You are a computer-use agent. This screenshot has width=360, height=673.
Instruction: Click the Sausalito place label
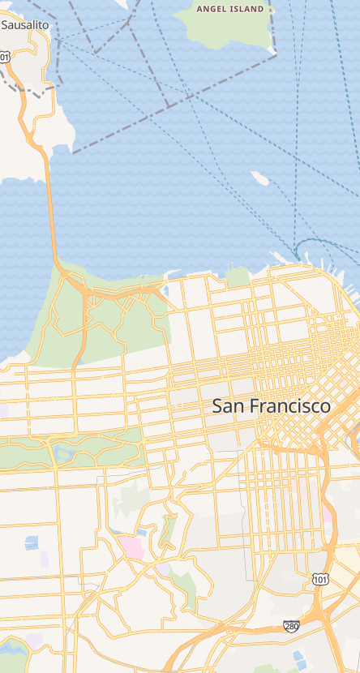coord(25,25)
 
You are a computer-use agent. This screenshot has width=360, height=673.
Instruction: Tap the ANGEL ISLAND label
coord(231,9)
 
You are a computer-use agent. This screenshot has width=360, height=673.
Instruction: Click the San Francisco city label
coord(271,406)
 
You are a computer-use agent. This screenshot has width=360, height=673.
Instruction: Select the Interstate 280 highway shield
coord(291,626)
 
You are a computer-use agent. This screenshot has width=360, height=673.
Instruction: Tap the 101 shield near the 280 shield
coord(319,579)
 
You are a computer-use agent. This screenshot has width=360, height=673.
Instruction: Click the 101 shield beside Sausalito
coord(6,57)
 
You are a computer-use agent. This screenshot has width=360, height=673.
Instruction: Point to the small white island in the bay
coord(259,178)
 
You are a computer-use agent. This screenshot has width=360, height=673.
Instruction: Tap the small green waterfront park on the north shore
coord(237,278)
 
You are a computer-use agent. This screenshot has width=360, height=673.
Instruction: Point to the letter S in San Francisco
coord(217,406)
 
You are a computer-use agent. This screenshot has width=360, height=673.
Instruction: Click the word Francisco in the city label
coord(289,406)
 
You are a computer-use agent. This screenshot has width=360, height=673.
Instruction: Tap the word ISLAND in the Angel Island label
coord(247,9)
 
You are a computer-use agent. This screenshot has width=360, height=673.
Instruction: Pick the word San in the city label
coord(228,406)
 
